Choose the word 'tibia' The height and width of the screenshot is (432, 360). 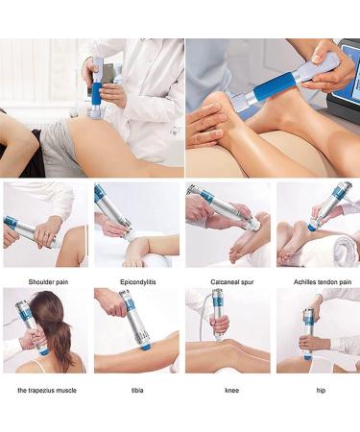coord(135,391)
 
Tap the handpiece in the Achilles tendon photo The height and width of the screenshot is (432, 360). coord(325,207)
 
